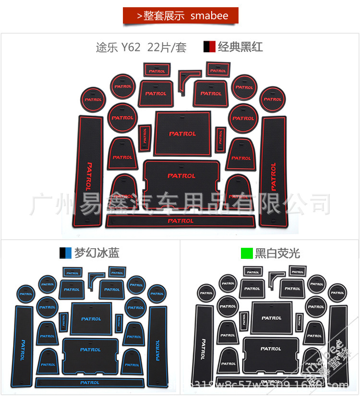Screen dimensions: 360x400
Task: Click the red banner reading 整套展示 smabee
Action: (180, 16)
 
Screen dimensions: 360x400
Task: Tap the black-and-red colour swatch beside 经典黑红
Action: (209, 47)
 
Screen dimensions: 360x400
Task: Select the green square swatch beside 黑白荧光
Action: (247, 253)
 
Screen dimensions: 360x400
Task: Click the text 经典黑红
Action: (240, 47)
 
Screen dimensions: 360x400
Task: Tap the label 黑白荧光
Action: (278, 253)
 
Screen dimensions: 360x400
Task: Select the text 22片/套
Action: (167, 48)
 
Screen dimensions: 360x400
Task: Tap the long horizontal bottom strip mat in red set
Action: (180, 221)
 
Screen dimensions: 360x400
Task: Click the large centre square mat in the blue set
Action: (91, 318)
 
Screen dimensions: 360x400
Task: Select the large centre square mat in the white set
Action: (271, 318)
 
